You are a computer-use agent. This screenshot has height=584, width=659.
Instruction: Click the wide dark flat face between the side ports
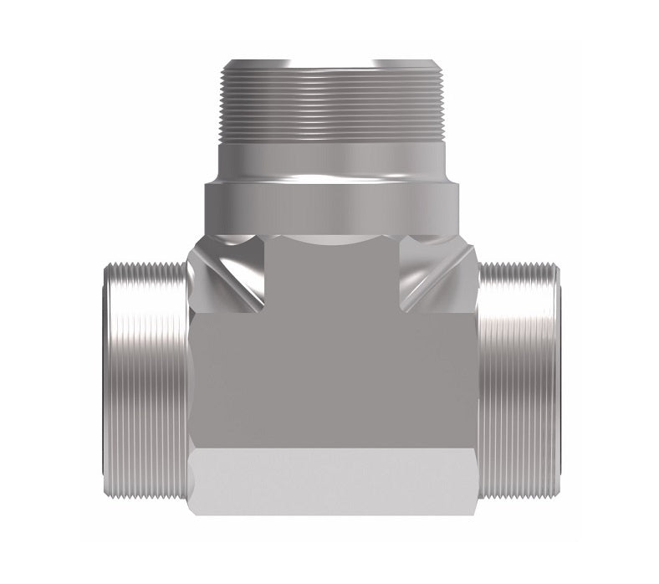335,377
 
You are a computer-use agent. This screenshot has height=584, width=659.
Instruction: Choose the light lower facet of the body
335,489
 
